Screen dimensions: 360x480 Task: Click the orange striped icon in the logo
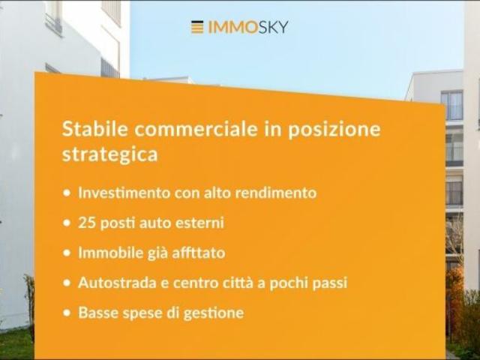tap(197, 27)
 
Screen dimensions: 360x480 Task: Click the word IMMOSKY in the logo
tap(247, 27)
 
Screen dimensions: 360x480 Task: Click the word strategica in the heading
tap(109, 154)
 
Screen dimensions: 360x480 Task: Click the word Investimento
tap(123, 193)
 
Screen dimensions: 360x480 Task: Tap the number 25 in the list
tap(86, 223)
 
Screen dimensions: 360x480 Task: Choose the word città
tap(241, 283)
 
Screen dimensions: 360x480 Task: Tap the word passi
tap(328, 283)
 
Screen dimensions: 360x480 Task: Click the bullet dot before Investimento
tap(67, 193)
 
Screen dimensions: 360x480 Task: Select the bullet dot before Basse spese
tap(67, 313)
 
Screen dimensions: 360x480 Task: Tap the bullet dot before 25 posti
tap(67, 223)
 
